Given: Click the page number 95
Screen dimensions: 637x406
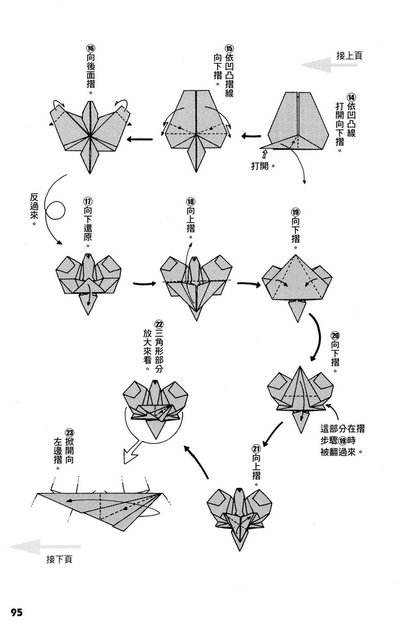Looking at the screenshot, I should [17, 613].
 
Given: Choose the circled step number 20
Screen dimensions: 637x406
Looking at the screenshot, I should [335, 336].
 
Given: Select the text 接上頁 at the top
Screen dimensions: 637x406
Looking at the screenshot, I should [351, 55].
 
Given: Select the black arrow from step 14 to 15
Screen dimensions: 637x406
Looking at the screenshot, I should [252, 136].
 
